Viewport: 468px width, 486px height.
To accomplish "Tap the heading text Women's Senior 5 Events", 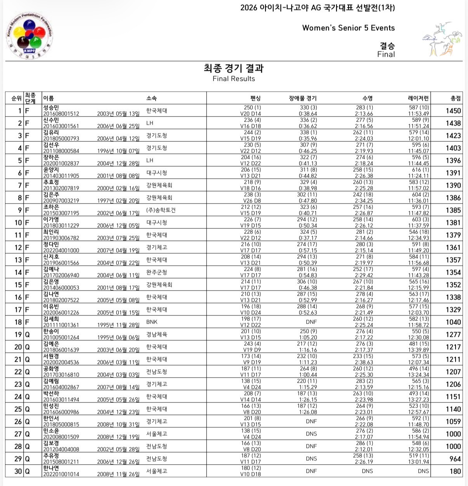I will (348, 28).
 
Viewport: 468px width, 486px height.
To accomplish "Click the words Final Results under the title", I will (234, 78).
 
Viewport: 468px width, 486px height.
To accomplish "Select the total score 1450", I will (453, 111).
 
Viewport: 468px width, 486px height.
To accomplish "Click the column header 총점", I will (456, 98).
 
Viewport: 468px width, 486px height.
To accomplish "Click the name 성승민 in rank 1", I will (51, 108).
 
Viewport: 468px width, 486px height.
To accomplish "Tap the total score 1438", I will (453, 123).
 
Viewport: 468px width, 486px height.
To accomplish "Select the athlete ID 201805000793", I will (61, 139).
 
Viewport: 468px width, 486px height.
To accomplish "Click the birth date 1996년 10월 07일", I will (118, 151).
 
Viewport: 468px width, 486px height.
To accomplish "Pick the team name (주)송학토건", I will (161, 210).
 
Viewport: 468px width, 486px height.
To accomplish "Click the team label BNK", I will (152, 322).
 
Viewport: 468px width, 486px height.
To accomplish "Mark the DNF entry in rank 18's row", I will (311, 322).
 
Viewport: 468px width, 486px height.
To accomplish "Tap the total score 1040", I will (453, 322).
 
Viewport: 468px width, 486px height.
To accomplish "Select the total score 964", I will (455, 459).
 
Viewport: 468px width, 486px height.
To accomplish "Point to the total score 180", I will (455, 471).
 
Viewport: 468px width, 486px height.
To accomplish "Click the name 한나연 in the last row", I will (51, 468).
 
